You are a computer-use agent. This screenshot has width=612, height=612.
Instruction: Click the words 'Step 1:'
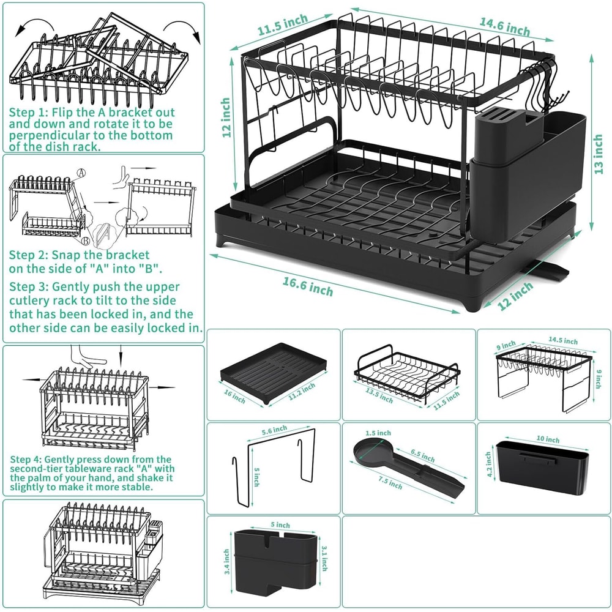coord(28,113)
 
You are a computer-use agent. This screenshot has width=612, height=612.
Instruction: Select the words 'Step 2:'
coord(28,254)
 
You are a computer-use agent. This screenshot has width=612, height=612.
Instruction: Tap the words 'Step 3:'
coord(28,286)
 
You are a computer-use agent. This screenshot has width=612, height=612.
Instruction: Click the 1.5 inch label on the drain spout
coord(374,431)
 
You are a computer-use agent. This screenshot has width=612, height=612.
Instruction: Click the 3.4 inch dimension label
coord(226,561)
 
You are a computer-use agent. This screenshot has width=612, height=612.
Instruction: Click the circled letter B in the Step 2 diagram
coord(88,232)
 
